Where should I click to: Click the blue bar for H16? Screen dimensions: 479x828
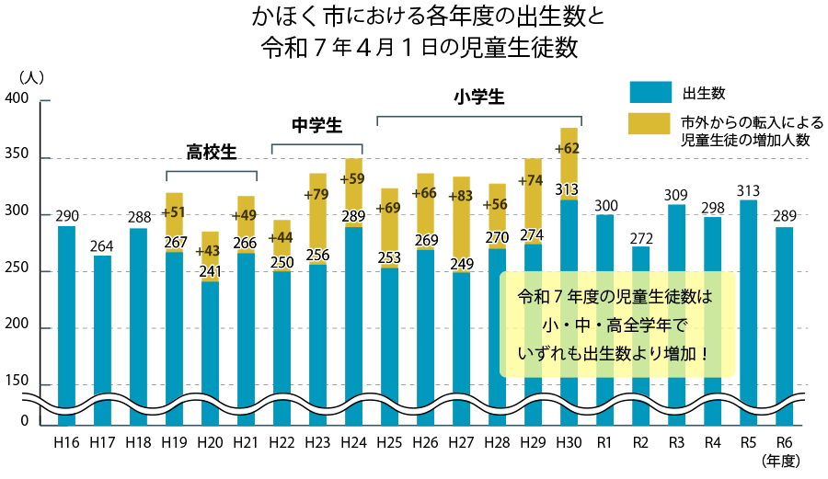(66, 322)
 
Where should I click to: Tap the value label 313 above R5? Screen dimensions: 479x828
(748, 191)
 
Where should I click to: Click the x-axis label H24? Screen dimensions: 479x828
(353, 443)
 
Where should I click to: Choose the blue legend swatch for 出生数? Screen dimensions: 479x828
(650, 93)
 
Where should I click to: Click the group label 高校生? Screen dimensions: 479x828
(212, 152)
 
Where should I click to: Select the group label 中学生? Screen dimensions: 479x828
(316, 125)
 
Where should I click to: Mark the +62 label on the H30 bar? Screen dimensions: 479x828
(568, 148)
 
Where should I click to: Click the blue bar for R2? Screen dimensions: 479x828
(640, 331)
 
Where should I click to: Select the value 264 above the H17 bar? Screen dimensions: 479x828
(102, 245)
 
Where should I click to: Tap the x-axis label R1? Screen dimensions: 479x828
(604, 443)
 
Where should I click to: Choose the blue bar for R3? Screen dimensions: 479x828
(676, 313)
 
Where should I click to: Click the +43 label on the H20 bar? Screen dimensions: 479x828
(210, 251)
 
